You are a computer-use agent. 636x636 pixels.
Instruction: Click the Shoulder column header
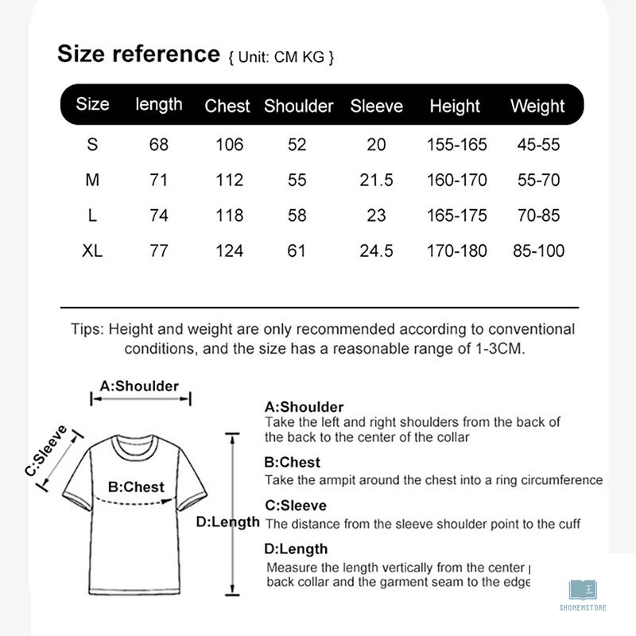point(298,106)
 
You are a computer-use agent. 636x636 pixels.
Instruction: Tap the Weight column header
point(537,106)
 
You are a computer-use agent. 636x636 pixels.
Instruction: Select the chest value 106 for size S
point(229,145)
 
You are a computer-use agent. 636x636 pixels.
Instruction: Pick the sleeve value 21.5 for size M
point(376,180)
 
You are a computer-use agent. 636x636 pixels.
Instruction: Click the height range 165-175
point(456,215)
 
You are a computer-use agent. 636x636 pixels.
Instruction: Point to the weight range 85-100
point(538,251)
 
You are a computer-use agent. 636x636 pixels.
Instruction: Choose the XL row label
point(92,251)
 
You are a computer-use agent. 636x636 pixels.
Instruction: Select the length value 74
point(159,215)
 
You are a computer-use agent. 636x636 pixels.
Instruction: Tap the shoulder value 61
point(297,251)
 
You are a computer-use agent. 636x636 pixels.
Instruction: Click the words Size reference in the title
point(138,54)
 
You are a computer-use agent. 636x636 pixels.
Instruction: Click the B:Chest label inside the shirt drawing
point(136,487)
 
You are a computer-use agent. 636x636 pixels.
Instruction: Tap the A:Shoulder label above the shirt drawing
point(139,386)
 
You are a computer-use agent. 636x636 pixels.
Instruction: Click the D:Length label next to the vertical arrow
point(227,522)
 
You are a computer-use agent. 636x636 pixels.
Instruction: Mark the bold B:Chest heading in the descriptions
point(292,462)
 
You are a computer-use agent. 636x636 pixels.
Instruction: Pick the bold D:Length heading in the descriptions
point(296,549)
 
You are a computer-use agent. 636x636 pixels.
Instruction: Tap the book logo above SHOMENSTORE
point(583,590)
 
